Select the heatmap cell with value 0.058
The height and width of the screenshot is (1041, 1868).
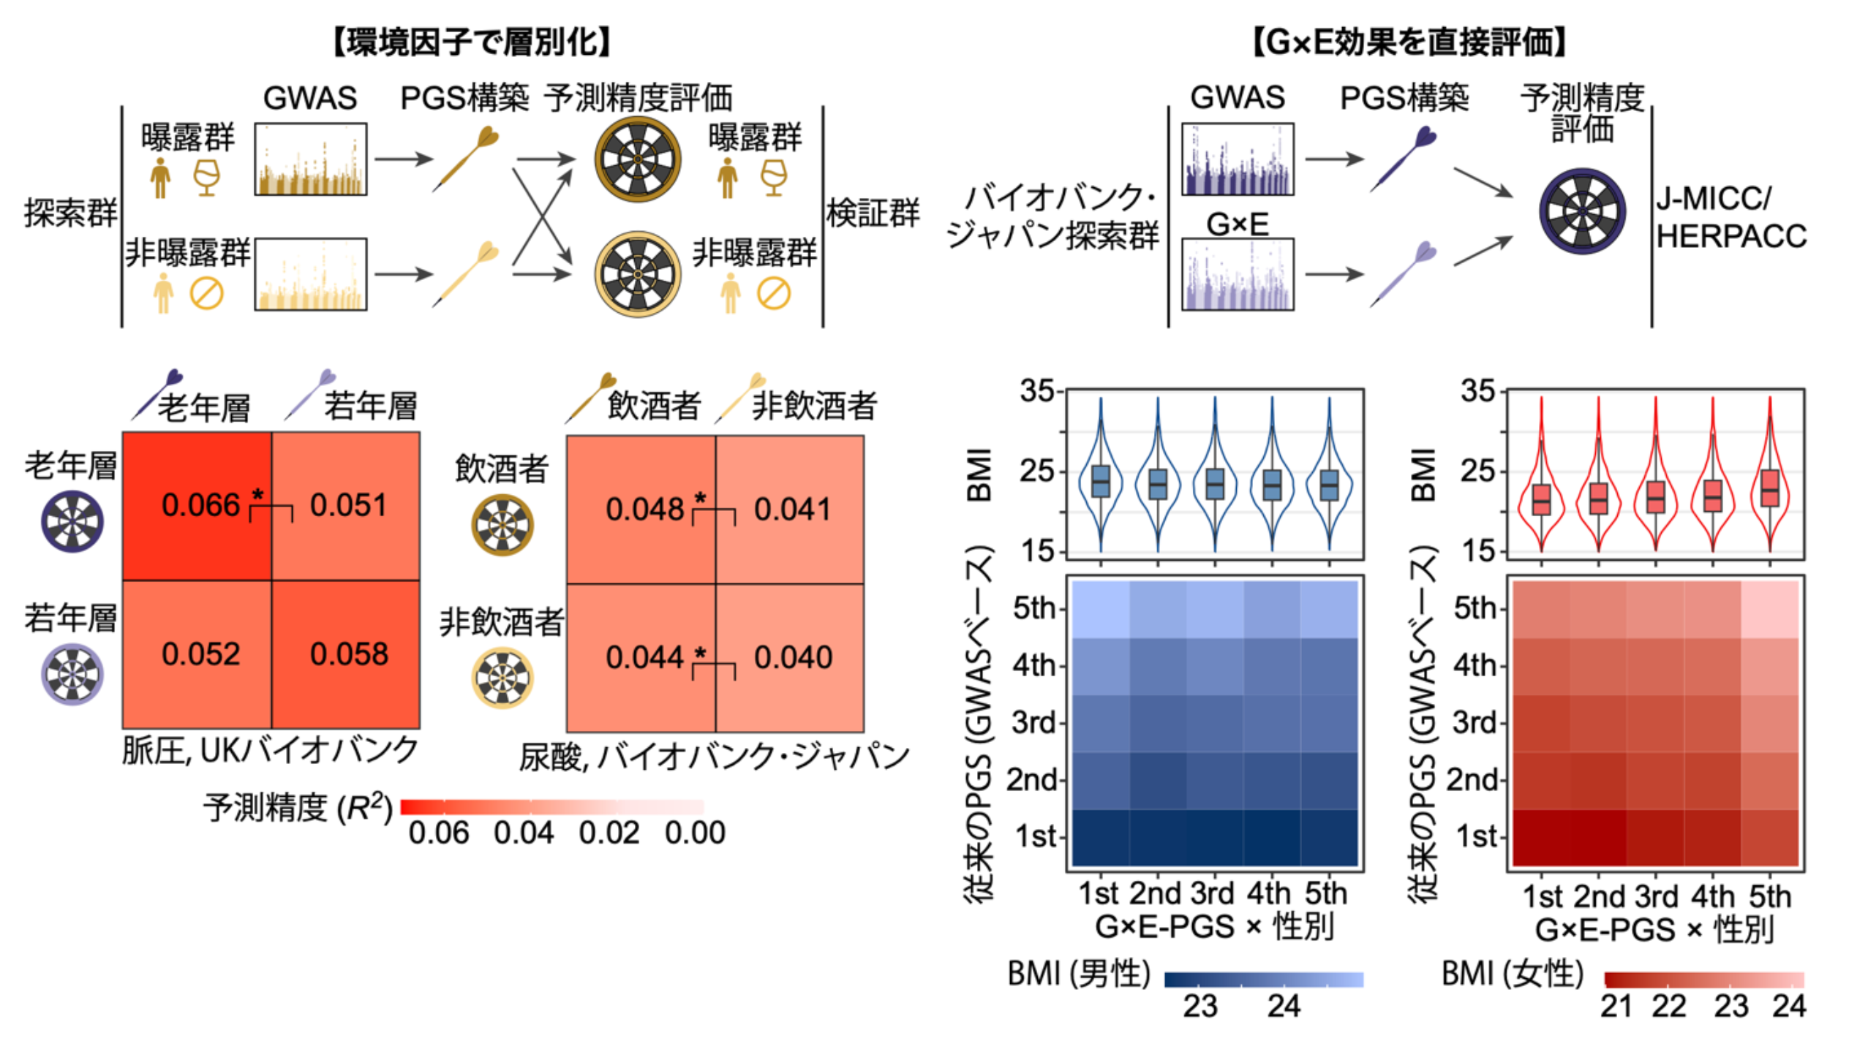(x=349, y=654)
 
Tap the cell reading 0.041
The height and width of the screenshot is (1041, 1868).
(x=793, y=510)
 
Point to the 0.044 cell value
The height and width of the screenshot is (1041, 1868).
(x=644, y=658)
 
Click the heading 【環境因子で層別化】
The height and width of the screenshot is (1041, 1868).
(x=472, y=42)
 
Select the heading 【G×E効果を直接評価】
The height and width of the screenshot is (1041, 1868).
(x=1408, y=42)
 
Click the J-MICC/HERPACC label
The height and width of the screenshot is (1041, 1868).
(x=1730, y=218)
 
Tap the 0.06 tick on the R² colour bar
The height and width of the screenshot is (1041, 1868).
(x=438, y=833)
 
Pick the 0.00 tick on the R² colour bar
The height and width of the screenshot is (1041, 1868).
(x=695, y=833)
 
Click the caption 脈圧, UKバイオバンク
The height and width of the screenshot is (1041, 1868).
(x=270, y=751)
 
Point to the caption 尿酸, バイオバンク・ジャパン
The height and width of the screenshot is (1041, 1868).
(x=714, y=757)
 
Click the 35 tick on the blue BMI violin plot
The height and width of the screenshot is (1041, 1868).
(x=1037, y=392)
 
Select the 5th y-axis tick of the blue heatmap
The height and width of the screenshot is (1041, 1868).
(x=1033, y=608)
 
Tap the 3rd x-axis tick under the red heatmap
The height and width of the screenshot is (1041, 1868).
(x=1656, y=897)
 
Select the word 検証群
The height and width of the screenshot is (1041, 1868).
(x=873, y=213)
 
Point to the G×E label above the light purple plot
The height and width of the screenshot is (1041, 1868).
(x=1237, y=224)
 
